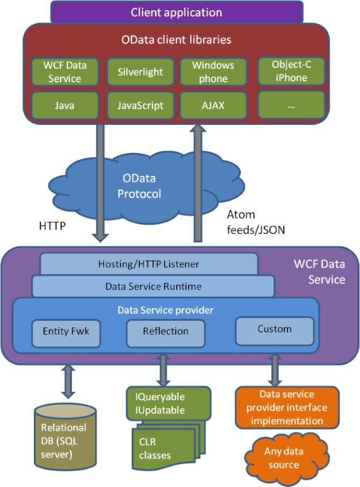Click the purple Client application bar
tap(176, 12)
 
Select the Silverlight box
tap(140, 71)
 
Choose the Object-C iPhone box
tap(291, 71)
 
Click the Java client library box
tap(64, 105)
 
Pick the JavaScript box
tap(140, 105)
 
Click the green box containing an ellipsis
tap(291, 105)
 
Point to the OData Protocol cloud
tap(140, 185)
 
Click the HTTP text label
tap(53, 226)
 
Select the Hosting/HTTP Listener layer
tap(149, 264)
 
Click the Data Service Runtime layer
tap(153, 286)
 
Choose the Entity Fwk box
tap(66, 331)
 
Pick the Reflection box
tap(165, 331)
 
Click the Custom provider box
tap(274, 328)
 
